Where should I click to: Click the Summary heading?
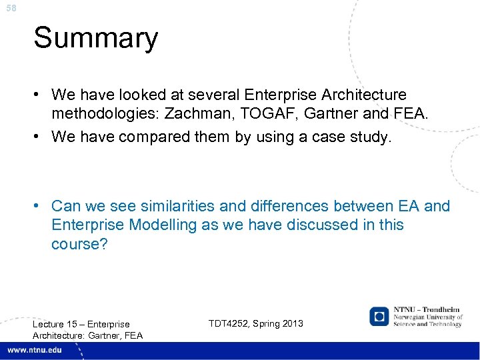[x=95, y=38]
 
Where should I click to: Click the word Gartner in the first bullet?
[x=329, y=113]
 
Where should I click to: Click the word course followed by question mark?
[x=78, y=244]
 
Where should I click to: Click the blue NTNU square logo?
[x=379, y=316]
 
